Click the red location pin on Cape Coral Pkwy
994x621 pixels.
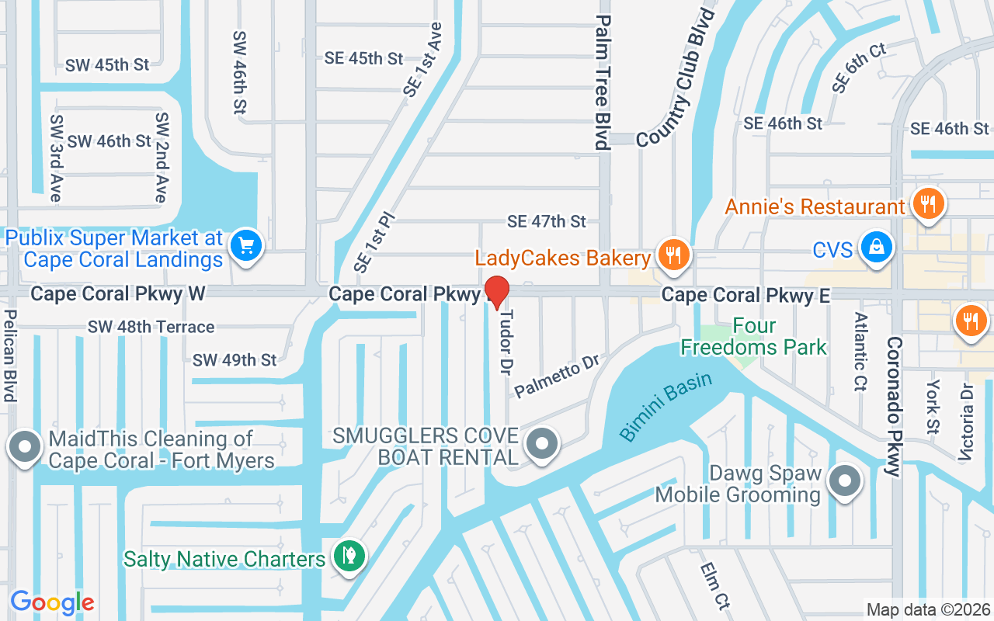point(497,292)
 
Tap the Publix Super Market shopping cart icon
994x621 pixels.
point(246,246)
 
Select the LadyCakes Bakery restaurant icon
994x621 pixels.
point(673,255)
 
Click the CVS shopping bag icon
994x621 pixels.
point(876,248)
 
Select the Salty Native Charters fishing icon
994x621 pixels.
point(349,556)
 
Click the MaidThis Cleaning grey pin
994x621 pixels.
point(25,448)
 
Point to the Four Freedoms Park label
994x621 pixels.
point(754,336)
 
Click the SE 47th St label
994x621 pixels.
point(547,222)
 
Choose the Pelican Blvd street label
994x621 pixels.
point(9,356)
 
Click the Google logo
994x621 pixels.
point(52,602)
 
